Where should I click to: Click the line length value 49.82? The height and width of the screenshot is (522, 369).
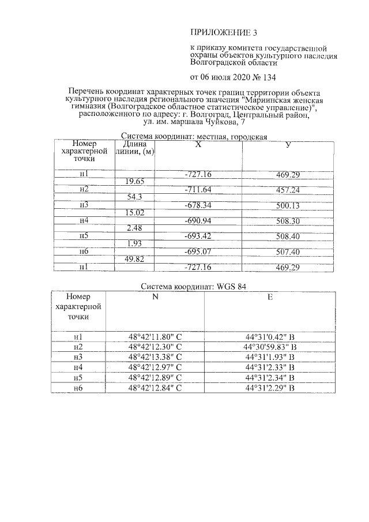point(134,260)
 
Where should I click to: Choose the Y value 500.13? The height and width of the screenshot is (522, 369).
point(287,205)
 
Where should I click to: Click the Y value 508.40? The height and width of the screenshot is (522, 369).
point(287,236)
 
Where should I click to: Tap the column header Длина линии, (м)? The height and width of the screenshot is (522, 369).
point(135,148)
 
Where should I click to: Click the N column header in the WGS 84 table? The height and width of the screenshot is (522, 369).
point(155,298)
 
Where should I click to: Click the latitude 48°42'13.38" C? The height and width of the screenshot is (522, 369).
point(155,357)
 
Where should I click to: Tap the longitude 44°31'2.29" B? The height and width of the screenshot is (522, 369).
point(270,388)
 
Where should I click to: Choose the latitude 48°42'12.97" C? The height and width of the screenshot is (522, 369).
point(155,367)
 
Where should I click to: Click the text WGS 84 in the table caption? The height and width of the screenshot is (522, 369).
point(236,287)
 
